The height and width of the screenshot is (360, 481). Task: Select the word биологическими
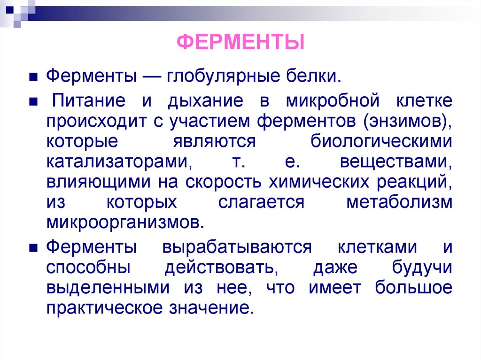click(381, 142)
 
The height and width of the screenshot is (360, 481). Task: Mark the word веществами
click(396, 162)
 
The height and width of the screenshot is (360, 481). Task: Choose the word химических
click(318, 182)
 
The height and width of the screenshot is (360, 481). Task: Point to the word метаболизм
click(399, 202)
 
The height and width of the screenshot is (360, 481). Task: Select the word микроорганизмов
click(125, 222)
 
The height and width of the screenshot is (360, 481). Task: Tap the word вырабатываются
click(237, 247)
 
